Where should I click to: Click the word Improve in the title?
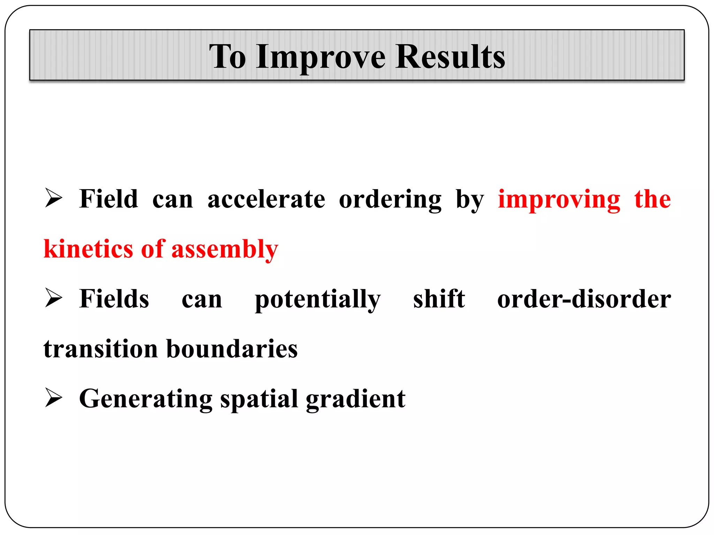320,56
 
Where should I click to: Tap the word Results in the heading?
450,56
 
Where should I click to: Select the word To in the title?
227,56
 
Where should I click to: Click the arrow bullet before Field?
53,199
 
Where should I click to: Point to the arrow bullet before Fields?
53,298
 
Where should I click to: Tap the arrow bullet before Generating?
53,398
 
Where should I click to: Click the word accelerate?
266,199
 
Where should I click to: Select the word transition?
101,349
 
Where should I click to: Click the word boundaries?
232,349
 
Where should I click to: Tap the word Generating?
146,400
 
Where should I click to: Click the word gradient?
356,400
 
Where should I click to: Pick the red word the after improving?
652,199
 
